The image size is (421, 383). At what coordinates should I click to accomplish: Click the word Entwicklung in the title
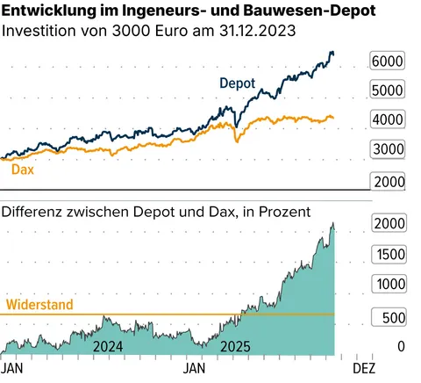(46, 12)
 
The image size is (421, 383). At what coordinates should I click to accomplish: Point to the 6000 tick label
(388, 61)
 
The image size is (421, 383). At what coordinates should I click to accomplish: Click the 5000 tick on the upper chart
(388, 90)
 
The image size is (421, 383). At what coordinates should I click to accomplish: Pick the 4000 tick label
(388, 120)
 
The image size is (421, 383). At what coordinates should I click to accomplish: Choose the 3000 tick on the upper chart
(388, 150)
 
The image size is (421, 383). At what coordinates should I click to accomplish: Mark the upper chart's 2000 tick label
(388, 180)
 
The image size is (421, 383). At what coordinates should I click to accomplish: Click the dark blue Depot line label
(237, 83)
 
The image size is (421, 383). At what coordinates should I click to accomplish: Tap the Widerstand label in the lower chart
(39, 306)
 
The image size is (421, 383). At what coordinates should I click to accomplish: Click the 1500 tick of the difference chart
(388, 254)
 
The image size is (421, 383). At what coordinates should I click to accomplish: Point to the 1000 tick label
(388, 285)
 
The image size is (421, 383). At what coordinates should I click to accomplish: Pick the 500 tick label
(392, 315)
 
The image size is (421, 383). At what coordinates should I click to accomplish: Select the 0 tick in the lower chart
(401, 346)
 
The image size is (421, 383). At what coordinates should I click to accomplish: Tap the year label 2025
(234, 347)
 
